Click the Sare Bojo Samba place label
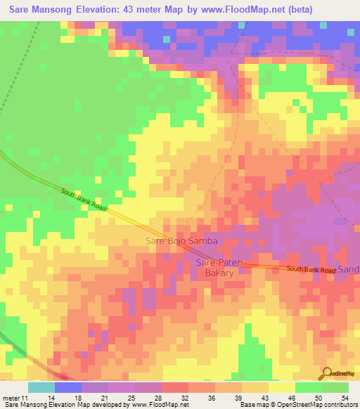(x=181, y=241)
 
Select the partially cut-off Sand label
(x=349, y=270)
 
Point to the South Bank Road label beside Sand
(x=311, y=269)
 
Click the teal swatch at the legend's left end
(x=41, y=387)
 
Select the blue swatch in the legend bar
(x=68, y=387)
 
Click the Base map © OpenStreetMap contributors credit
(x=298, y=405)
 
